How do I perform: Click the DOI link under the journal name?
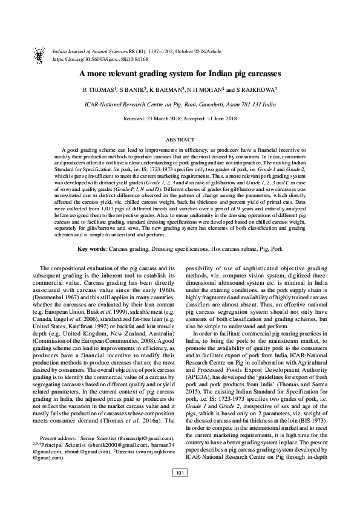click(x=101, y=60)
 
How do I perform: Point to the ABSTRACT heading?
click(x=180, y=139)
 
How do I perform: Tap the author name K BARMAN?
click(x=168, y=91)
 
